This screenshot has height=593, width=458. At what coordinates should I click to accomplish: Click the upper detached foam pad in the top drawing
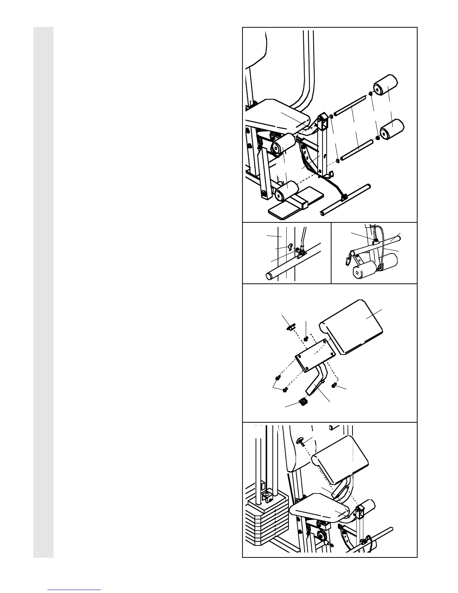click(x=386, y=86)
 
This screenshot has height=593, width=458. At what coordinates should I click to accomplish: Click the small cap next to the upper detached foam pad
click(x=370, y=94)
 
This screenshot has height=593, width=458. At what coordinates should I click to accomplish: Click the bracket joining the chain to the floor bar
click(x=343, y=196)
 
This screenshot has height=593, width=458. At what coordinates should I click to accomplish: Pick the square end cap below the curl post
click(x=303, y=402)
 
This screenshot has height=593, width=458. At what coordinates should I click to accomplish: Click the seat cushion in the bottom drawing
click(x=320, y=507)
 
